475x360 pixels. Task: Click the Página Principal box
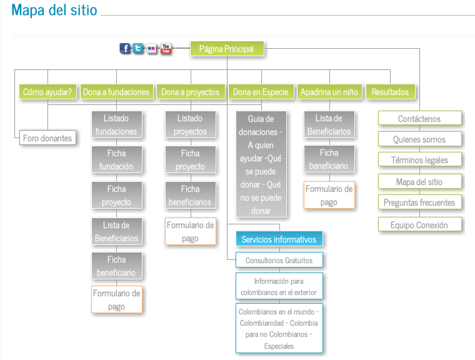click(226, 49)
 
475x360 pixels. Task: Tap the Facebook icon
click(125, 48)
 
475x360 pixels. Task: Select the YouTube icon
click(166, 48)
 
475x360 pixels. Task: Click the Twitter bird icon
click(138, 48)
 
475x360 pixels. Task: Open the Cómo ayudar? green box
click(47, 92)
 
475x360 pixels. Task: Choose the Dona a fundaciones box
click(116, 92)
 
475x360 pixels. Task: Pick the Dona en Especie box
click(261, 92)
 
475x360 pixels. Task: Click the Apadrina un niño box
click(329, 92)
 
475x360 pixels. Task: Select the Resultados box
click(390, 92)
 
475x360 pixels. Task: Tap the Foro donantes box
click(47, 138)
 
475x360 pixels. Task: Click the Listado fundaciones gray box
click(116, 124)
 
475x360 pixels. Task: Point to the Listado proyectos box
click(190, 124)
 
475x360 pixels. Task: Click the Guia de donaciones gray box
click(261, 164)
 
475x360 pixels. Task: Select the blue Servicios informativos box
click(279, 239)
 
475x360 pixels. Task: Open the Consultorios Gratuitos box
click(279, 259)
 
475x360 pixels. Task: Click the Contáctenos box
click(419, 119)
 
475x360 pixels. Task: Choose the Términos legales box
click(419, 160)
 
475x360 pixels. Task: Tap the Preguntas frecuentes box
click(419, 202)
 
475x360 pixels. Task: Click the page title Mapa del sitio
click(54, 11)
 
